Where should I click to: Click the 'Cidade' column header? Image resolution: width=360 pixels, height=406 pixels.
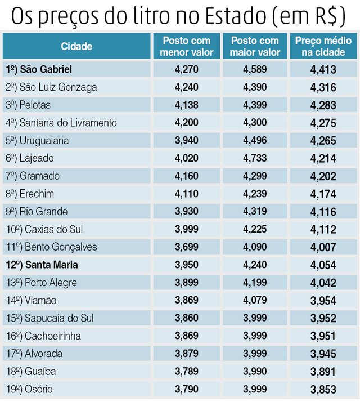coord(76,46)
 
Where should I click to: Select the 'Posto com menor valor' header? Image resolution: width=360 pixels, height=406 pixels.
coord(187,46)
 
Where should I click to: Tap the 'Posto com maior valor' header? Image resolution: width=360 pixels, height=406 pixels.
coord(255,46)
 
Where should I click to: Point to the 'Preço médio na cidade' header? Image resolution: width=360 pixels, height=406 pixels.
coord(323,46)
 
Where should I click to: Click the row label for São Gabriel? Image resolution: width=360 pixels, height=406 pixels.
coord(47,69)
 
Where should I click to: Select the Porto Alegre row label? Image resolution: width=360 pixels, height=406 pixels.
coord(51,282)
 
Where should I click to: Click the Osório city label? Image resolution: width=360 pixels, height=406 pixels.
coord(39,389)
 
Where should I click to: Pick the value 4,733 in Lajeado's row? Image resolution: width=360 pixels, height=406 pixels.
coord(255,158)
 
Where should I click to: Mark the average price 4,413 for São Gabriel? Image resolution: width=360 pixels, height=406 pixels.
coord(323,70)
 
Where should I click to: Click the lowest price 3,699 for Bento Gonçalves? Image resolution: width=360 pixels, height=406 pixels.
coord(187,247)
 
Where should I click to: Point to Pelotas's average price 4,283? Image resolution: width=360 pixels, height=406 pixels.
coord(323,105)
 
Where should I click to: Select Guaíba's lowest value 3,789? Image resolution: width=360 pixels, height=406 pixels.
coord(187,371)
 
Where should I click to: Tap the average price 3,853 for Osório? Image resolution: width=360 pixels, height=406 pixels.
coord(323,390)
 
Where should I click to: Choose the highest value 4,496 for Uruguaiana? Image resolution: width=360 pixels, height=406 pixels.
coord(255,140)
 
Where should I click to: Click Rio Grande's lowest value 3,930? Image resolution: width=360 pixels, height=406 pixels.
coord(187,211)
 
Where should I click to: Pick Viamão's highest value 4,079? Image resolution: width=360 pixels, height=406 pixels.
coord(255,300)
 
